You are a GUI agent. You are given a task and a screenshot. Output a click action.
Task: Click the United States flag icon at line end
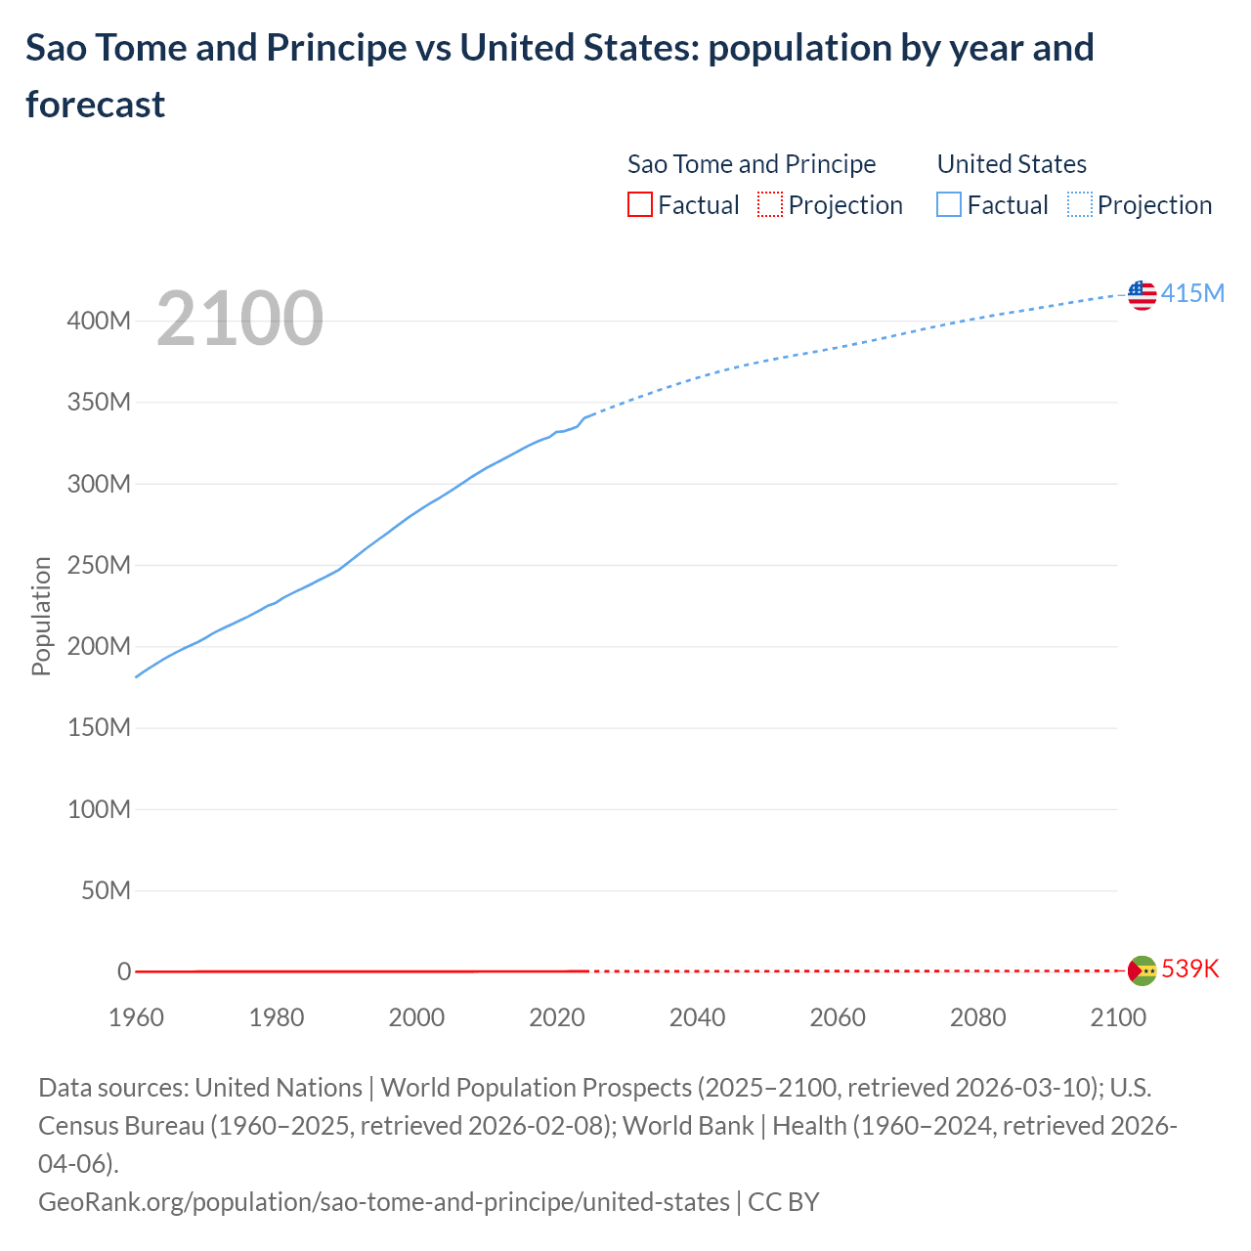click(x=1142, y=294)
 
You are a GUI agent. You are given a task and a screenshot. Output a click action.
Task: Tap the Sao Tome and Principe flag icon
click(x=1142, y=971)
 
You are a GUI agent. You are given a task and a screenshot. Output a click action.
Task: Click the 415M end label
click(x=1192, y=293)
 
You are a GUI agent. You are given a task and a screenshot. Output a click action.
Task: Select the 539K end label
click(x=1190, y=969)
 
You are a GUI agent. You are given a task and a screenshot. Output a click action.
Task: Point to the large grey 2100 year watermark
click(x=239, y=318)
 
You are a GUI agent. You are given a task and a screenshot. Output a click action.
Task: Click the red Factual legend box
click(x=639, y=204)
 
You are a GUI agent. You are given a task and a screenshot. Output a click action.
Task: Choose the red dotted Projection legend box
click(x=770, y=204)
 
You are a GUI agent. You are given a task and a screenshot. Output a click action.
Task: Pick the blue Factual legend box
click(x=948, y=204)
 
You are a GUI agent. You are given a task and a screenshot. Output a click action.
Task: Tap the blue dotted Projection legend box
click(x=1079, y=204)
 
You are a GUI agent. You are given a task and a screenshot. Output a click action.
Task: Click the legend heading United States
click(x=1012, y=164)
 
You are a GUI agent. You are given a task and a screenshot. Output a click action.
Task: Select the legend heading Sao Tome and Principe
click(x=751, y=164)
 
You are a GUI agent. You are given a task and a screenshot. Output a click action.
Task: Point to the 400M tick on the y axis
click(x=99, y=322)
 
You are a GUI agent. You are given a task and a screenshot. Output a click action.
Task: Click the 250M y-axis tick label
click(x=99, y=565)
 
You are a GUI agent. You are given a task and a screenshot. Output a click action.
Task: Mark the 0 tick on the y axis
click(x=124, y=971)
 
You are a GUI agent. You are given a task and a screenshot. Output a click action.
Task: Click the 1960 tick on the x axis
click(x=136, y=1017)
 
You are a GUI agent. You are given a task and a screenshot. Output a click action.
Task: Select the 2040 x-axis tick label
click(x=697, y=1017)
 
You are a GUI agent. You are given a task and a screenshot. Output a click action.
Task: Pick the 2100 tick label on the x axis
click(x=1117, y=1017)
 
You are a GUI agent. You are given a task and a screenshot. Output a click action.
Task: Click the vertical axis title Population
click(x=41, y=616)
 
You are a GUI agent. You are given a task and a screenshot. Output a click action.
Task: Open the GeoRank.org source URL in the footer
click(x=383, y=1201)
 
